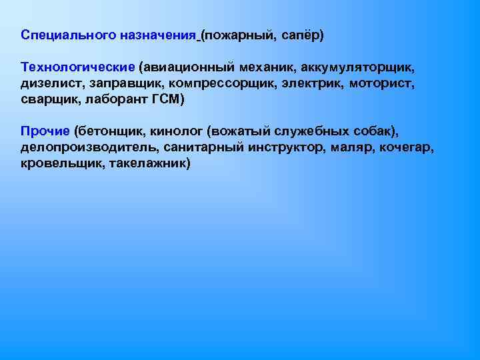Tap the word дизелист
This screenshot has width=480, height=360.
[49, 83]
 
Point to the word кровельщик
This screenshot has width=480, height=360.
[58, 163]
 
